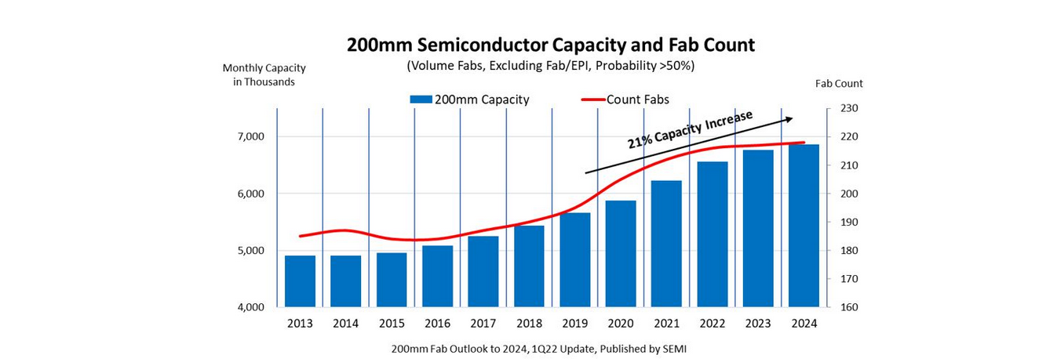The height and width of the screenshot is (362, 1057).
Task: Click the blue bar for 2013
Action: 300,281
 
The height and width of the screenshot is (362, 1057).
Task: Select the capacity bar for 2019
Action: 574,259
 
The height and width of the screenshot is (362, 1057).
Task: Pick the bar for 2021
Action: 666,244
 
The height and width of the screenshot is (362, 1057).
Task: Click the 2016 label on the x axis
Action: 437,324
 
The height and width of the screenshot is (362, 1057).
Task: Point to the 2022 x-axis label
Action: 712,324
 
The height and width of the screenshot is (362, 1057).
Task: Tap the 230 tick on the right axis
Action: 851,108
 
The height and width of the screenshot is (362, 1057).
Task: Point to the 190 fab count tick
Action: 851,222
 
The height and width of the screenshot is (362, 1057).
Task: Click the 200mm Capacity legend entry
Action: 469,100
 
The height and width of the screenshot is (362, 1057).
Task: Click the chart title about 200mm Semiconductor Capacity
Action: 550,45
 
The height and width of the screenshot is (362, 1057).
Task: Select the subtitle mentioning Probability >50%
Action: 550,66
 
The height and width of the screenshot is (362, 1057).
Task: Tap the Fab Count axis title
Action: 839,83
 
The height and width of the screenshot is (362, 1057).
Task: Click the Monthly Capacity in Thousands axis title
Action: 264,74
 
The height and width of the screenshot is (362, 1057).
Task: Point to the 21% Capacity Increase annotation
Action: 690,129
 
